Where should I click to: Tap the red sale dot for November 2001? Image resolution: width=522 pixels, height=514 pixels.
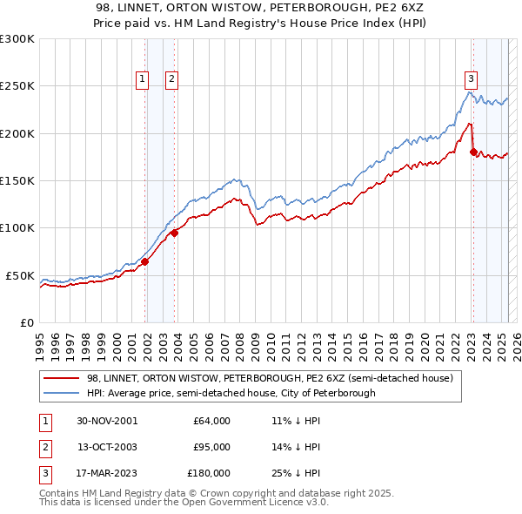coord(145,261)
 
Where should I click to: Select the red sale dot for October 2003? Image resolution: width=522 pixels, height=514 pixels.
coord(175,233)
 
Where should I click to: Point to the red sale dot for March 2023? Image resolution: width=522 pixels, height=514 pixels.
coord(473,152)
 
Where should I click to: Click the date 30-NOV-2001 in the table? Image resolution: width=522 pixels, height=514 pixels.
coord(107,421)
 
